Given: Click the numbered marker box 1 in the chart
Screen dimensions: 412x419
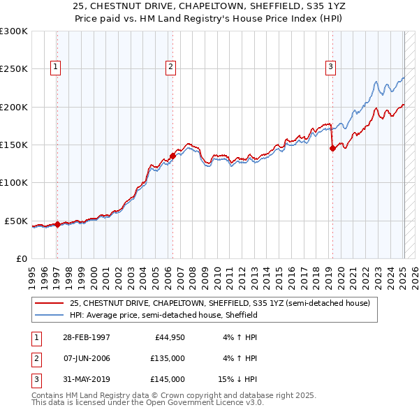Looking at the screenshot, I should (55, 67).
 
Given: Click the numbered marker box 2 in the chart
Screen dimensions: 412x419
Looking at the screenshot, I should (170, 67).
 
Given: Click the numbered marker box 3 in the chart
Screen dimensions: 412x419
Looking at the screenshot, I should (330, 67).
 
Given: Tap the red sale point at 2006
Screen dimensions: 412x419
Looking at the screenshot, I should (172, 156).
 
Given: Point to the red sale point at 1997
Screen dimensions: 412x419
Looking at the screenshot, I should (58, 224).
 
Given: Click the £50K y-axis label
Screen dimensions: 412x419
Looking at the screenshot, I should (16, 221).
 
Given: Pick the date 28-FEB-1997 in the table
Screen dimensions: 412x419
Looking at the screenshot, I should (86, 337).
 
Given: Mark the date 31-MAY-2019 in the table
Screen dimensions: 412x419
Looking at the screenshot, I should (86, 379).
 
